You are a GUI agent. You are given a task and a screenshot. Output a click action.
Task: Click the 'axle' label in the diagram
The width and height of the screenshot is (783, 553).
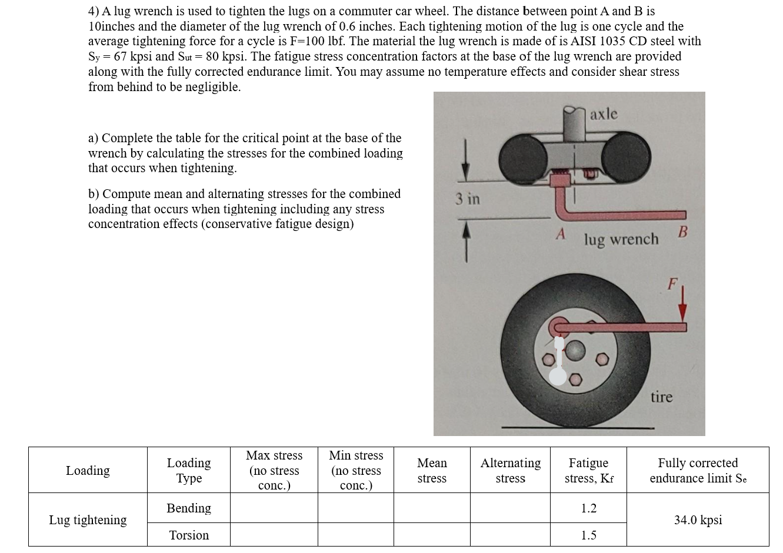point(604,113)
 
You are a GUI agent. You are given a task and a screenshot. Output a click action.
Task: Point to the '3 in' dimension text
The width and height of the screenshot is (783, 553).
point(468,199)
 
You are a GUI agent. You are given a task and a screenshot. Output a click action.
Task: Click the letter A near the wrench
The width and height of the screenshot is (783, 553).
point(561,234)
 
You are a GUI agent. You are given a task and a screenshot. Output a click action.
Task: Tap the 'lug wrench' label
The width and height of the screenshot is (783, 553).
point(621,240)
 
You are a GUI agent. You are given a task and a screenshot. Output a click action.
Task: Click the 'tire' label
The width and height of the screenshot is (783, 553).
point(661,397)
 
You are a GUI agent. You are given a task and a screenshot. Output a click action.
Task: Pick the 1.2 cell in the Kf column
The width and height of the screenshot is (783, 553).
point(588,508)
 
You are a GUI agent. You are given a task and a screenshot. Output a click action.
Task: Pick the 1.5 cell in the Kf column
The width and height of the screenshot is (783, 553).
point(588,535)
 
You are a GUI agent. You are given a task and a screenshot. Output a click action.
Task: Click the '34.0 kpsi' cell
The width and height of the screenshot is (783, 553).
point(698,520)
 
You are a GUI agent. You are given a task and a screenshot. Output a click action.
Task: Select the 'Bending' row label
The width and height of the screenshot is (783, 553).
point(188,508)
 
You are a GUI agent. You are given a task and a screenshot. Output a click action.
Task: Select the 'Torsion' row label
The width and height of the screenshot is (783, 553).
point(188,535)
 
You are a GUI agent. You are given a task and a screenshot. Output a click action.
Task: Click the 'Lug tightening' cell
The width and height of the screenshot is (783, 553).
point(88,520)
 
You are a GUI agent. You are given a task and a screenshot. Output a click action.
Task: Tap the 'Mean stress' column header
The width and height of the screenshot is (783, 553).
point(432,470)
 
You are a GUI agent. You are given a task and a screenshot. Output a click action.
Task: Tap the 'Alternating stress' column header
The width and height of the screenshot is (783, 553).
point(510,470)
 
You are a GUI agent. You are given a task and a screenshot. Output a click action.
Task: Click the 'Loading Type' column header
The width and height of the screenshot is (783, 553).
point(188,470)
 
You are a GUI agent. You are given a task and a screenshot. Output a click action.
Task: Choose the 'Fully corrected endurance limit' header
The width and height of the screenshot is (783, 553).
point(698,470)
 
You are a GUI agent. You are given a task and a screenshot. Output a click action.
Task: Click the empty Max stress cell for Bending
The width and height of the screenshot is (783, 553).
point(274,508)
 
